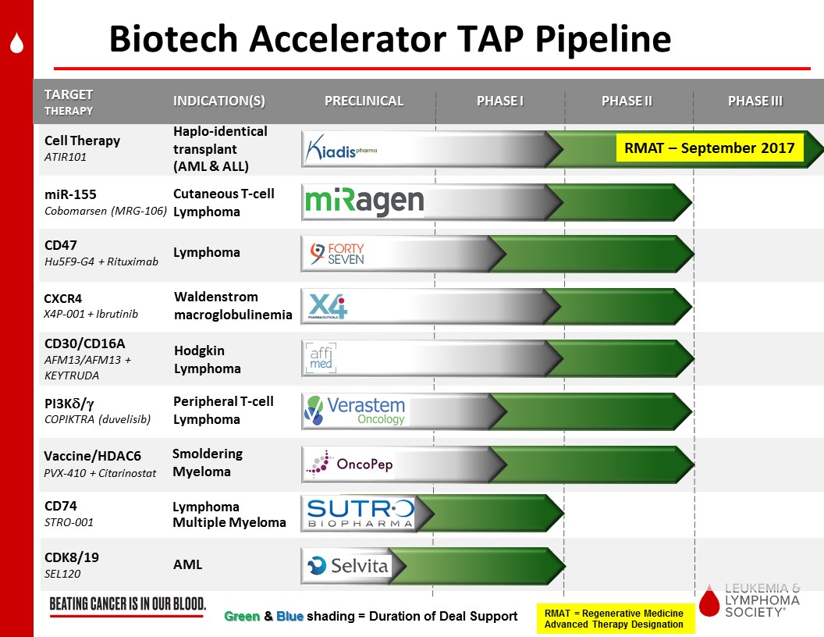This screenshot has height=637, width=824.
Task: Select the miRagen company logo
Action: [x=364, y=202]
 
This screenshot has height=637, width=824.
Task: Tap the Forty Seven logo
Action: [x=337, y=254]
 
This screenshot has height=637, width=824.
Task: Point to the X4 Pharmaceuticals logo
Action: [x=328, y=306]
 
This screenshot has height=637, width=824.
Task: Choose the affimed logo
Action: [x=321, y=358]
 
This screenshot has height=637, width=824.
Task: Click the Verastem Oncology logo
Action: [x=355, y=411]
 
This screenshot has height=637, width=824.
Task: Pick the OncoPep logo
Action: [x=350, y=464]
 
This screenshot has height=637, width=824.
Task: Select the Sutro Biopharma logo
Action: [x=360, y=513]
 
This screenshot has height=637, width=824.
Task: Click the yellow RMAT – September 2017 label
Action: [x=709, y=148]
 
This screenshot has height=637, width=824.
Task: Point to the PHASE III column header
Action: [x=755, y=101]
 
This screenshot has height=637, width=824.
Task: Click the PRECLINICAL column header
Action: [x=364, y=101]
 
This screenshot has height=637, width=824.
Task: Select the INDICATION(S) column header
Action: [x=219, y=101]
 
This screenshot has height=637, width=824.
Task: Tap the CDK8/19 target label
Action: [x=72, y=557]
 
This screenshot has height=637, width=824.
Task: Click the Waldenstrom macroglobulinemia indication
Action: [x=233, y=306]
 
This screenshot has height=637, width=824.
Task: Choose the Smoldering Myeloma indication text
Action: [x=208, y=462]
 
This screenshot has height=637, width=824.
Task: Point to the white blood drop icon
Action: [x=17, y=43]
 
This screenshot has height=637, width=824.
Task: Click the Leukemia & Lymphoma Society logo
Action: [x=750, y=600]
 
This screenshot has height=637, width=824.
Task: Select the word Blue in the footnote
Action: [x=290, y=616]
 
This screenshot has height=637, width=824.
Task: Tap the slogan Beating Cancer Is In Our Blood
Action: [x=128, y=604]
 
